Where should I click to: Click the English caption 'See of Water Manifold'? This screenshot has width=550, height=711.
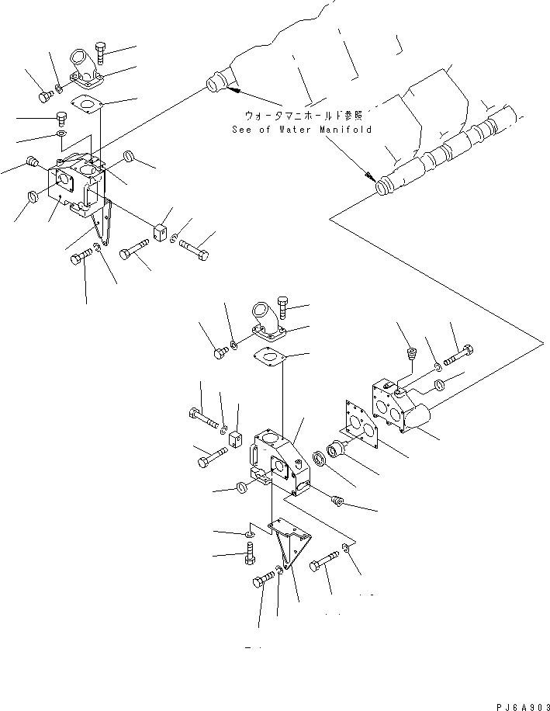pyautogui.click(x=303, y=130)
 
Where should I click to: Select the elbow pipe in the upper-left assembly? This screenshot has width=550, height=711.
pyautogui.click(x=83, y=66)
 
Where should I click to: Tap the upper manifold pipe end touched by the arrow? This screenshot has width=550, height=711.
pyautogui.click(x=216, y=82)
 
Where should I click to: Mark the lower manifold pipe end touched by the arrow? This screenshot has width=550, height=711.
pyautogui.click(x=385, y=187)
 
